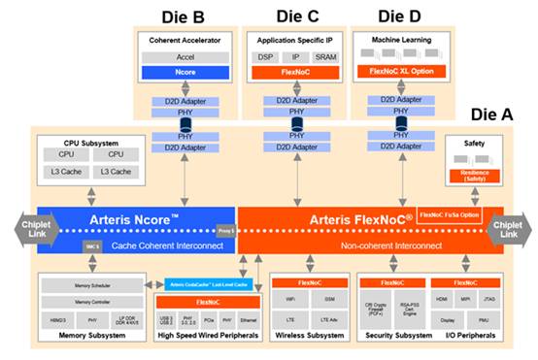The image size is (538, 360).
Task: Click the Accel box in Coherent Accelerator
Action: click(185, 57)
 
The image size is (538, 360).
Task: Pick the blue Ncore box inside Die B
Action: click(185, 72)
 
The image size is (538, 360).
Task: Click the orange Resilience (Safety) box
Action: click(474, 175)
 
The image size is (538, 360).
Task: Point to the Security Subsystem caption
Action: click(395, 337)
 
